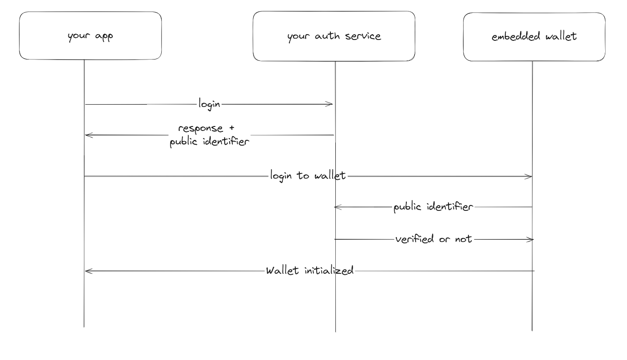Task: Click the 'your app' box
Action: click(x=90, y=36)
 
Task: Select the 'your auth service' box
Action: click(x=334, y=36)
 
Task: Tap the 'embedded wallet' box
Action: click(x=534, y=36)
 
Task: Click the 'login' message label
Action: click(x=209, y=104)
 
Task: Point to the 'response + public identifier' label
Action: click(x=207, y=136)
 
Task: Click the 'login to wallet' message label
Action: click(x=308, y=176)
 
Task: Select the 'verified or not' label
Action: click(x=433, y=239)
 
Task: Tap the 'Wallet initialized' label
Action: click(x=310, y=270)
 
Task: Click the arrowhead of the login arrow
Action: click(x=330, y=104)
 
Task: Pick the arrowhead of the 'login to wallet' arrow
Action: click(x=529, y=177)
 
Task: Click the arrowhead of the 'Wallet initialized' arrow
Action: click(x=87, y=271)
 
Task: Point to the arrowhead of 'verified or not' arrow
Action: click(x=530, y=240)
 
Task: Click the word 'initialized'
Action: click(x=329, y=270)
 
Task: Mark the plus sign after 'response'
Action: click(x=231, y=128)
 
